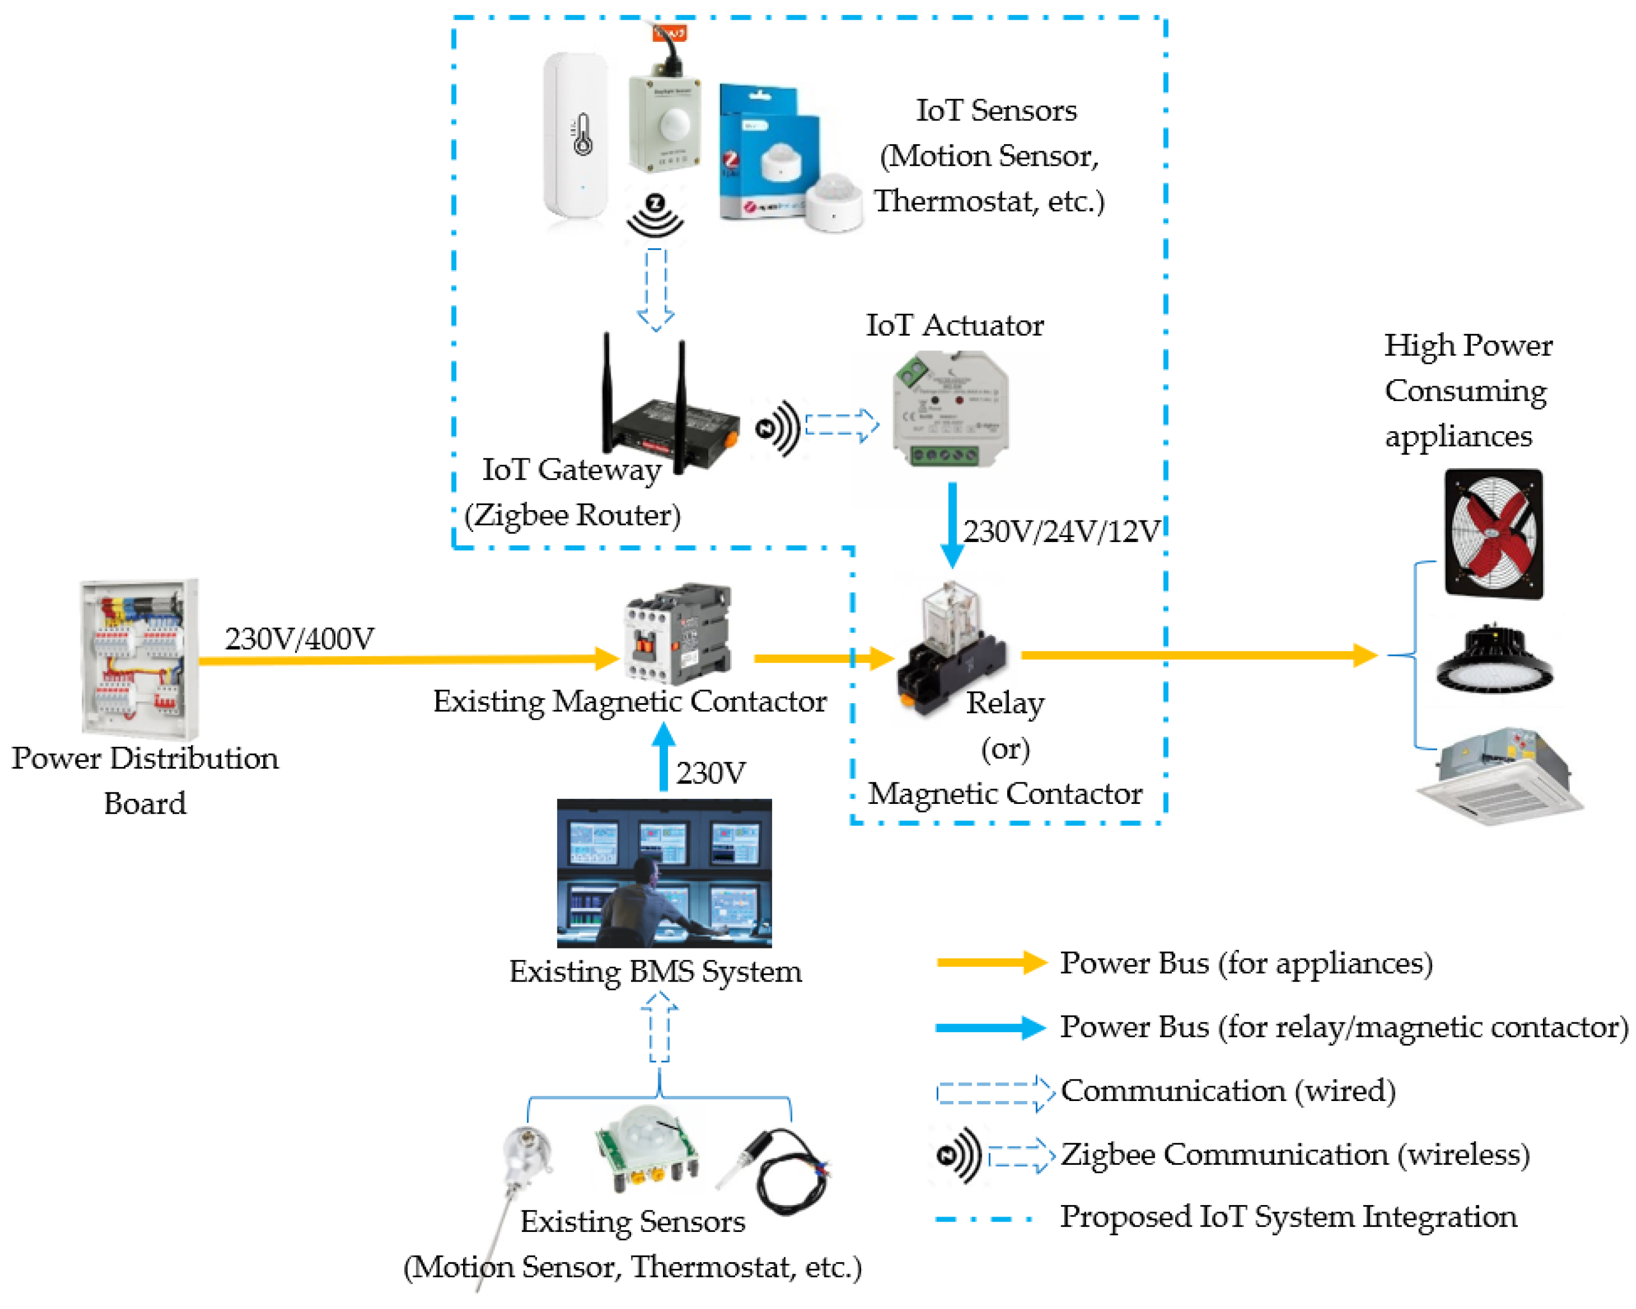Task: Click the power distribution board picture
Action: pos(140,658)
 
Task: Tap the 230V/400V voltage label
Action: pos(299,639)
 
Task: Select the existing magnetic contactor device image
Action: pos(678,633)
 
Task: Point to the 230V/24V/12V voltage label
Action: pos(1062,532)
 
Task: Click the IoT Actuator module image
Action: pos(950,409)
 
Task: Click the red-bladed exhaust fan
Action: pos(1493,534)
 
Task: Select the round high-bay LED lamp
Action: pos(1494,658)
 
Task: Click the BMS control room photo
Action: pos(664,873)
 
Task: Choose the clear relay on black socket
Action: pos(952,648)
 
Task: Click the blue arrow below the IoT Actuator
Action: pos(952,525)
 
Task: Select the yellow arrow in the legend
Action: pos(992,962)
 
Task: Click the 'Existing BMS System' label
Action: pos(655,972)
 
